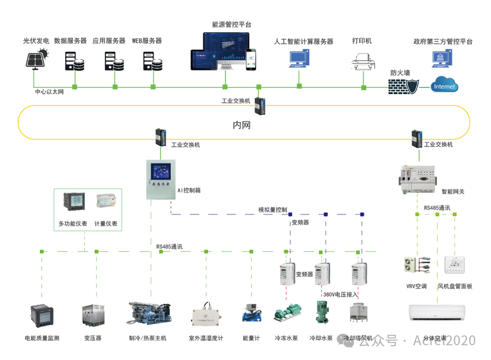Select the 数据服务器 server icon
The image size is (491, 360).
[x=74, y=61]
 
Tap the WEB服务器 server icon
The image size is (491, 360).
[x=153, y=61]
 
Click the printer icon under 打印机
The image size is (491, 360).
[x=362, y=61]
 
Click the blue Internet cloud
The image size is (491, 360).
[x=444, y=86]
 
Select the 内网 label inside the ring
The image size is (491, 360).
[x=241, y=125]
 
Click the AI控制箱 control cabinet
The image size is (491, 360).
[x=160, y=179]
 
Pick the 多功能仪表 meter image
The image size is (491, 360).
[x=73, y=202]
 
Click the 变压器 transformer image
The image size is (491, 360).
[x=93, y=316]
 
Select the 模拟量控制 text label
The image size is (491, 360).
[x=273, y=210]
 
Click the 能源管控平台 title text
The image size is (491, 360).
[x=232, y=25]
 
